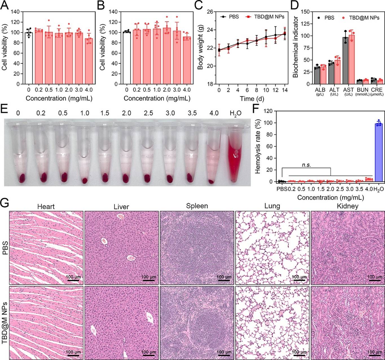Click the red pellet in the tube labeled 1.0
tap(84, 180)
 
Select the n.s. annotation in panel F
tap(306, 165)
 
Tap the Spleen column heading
tap(197, 206)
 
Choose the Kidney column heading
tap(347, 206)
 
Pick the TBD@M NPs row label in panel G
tap(5, 323)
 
